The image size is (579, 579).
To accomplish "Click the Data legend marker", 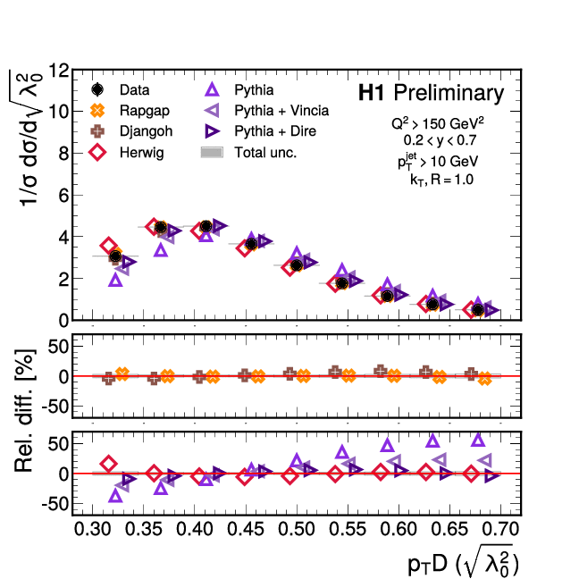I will [x=98, y=90].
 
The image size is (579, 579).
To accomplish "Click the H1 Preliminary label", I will [x=431, y=93].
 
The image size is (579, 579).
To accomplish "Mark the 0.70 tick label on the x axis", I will [x=501, y=530].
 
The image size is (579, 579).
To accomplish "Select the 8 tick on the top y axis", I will [x=64, y=154].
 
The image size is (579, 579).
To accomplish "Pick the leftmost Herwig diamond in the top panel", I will [x=108, y=245].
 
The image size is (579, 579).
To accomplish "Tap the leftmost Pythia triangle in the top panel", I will [x=115, y=280].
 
